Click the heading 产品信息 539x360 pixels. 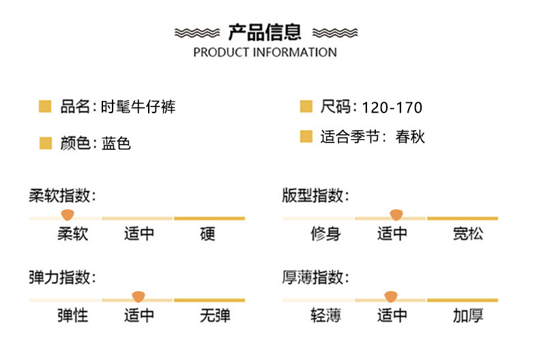point(265,32)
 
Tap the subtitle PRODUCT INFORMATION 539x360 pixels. point(265,52)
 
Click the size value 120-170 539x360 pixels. point(392,108)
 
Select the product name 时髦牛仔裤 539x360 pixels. point(139,107)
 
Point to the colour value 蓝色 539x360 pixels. point(116,143)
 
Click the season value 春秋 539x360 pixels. point(409,137)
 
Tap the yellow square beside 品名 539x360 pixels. point(45,106)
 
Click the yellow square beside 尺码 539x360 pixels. point(306,106)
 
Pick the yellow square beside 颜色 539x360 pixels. point(45,142)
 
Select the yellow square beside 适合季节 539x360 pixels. point(306,136)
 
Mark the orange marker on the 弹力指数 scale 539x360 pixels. point(139,297)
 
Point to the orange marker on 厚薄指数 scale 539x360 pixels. point(391,297)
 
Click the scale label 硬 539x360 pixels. point(208,235)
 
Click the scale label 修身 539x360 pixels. point(325,235)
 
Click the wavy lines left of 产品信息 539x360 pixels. point(198,32)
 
